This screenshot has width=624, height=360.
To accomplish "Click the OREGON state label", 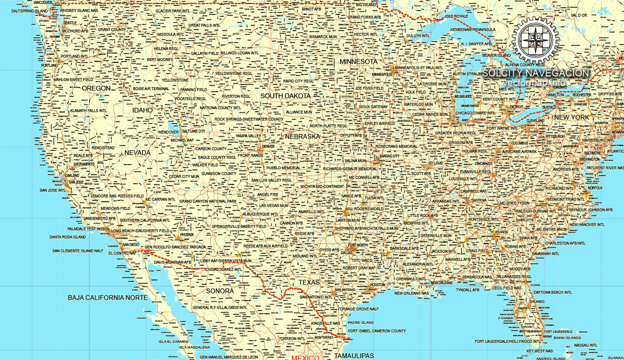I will click(x=96, y=88).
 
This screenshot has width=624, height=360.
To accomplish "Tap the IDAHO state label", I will click(x=142, y=110).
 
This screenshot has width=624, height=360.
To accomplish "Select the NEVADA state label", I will click(x=137, y=153).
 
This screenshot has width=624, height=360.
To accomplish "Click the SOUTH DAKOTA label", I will click(x=285, y=96).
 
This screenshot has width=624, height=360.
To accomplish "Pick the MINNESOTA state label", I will click(x=358, y=61).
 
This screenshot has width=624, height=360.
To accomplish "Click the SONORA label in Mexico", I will click(x=220, y=291).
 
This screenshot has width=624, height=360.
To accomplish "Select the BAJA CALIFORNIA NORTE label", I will click(x=108, y=298).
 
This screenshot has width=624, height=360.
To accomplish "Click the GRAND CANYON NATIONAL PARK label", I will click(x=208, y=201).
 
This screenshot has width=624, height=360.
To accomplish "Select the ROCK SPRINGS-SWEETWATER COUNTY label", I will click(x=249, y=119).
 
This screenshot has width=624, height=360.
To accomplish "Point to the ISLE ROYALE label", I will click(x=457, y=17).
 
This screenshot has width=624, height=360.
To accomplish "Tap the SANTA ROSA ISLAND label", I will click(x=68, y=237).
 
